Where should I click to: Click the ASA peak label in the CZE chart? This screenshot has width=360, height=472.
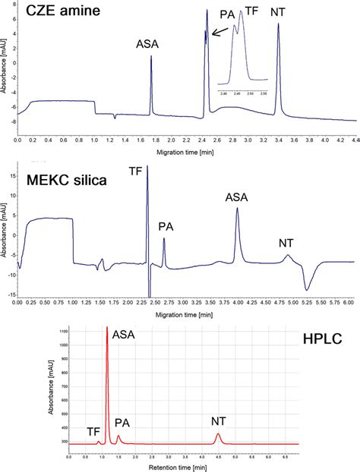148,44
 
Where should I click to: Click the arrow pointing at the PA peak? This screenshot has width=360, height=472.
218,32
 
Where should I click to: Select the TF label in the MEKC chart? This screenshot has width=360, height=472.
156,173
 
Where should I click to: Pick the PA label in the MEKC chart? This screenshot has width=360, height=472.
166,226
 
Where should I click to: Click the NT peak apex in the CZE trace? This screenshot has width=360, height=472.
278,24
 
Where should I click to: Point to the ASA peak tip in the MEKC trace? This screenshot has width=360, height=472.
237,209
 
